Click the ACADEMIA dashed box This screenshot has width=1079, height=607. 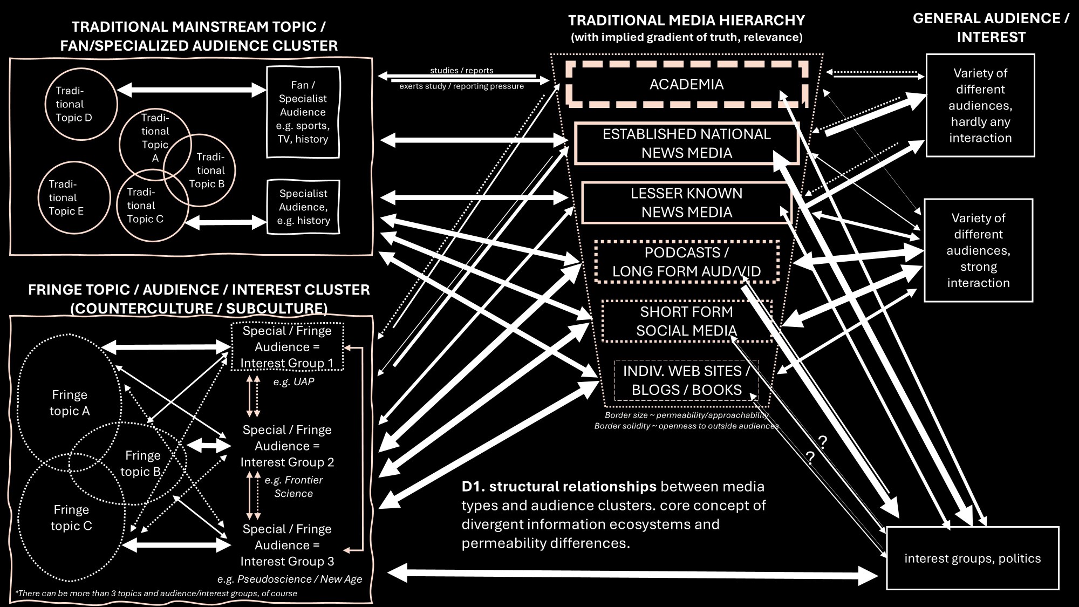click(686, 84)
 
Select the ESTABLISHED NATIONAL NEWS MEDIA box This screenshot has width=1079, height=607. click(686, 144)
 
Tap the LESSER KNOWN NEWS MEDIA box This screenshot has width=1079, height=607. click(686, 203)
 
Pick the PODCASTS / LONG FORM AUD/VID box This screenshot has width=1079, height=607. click(686, 262)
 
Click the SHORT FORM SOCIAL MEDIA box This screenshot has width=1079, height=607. click(686, 321)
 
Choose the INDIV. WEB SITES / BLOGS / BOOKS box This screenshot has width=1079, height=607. click(686, 380)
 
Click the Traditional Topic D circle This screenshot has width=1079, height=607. click(81, 104)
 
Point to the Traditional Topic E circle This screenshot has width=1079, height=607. click(74, 198)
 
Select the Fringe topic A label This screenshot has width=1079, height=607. click(70, 403)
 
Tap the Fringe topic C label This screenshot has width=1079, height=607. click(71, 518)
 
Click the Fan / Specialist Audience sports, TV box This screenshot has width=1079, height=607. click(303, 112)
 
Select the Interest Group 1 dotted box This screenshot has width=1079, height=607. click(286, 347)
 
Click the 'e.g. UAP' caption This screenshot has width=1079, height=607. click(293, 382)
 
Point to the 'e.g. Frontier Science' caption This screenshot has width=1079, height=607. click(293, 487)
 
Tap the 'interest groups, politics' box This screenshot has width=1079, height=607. click(972, 558)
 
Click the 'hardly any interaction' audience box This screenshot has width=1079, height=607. click(980, 105)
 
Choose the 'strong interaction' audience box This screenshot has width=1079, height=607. click(978, 250)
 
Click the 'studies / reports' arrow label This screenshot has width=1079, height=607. click(461, 71)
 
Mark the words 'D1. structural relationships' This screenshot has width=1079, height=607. click(558, 487)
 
